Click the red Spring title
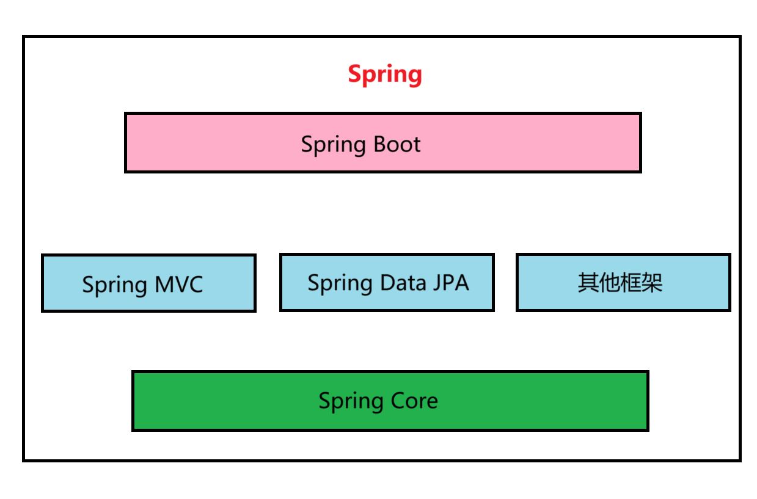pos(384,75)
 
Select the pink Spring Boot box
pos(382,142)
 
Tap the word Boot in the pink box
pos(397,145)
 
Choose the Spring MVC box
pos(148,283)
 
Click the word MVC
pos(178,285)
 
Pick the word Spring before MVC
pos(114,286)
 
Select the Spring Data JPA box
pos(387,282)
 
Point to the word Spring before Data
pos(340,284)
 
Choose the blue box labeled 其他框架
pos(623,282)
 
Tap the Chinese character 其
pos(588,283)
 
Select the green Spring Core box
pos(390,401)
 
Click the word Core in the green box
pos(414,401)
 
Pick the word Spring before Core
pos(351,402)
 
